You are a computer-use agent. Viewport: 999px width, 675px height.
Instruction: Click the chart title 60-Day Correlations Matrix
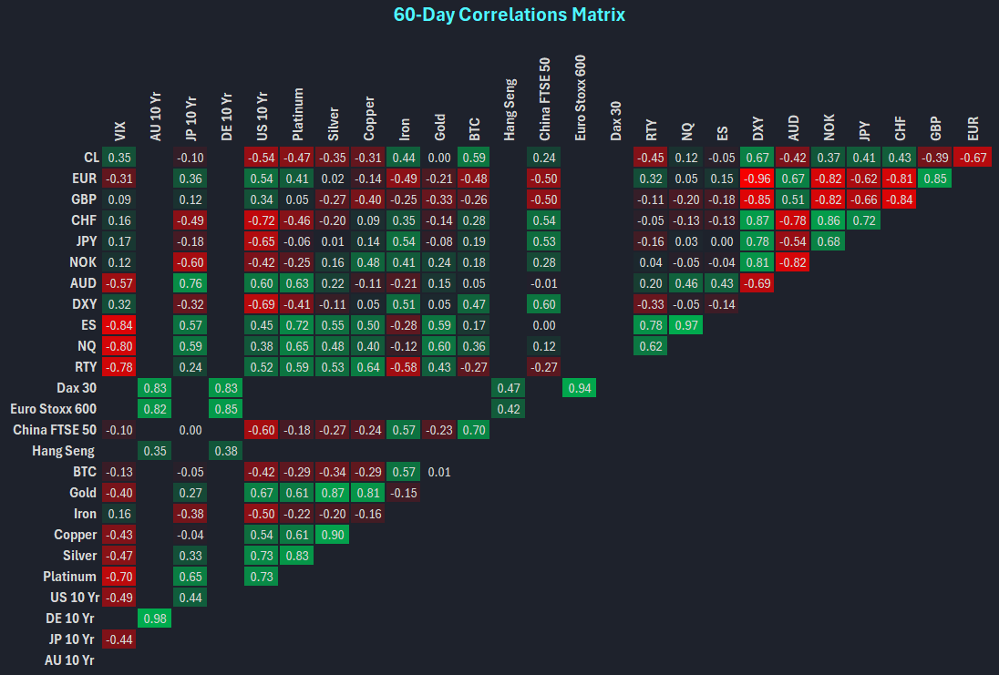point(510,15)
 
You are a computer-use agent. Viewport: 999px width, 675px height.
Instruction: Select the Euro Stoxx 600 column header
point(581,97)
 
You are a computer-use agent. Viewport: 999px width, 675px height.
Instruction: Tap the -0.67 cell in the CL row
point(972,158)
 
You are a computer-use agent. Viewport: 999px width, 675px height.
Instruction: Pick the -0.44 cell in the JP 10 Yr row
point(119,639)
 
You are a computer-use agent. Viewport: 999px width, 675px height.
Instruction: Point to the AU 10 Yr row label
point(70,660)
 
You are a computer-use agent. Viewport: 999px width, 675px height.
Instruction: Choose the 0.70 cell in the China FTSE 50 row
point(474,430)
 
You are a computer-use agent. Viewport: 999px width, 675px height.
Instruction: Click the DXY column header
point(758,129)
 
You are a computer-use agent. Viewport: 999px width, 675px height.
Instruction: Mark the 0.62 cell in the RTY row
point(652,346)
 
